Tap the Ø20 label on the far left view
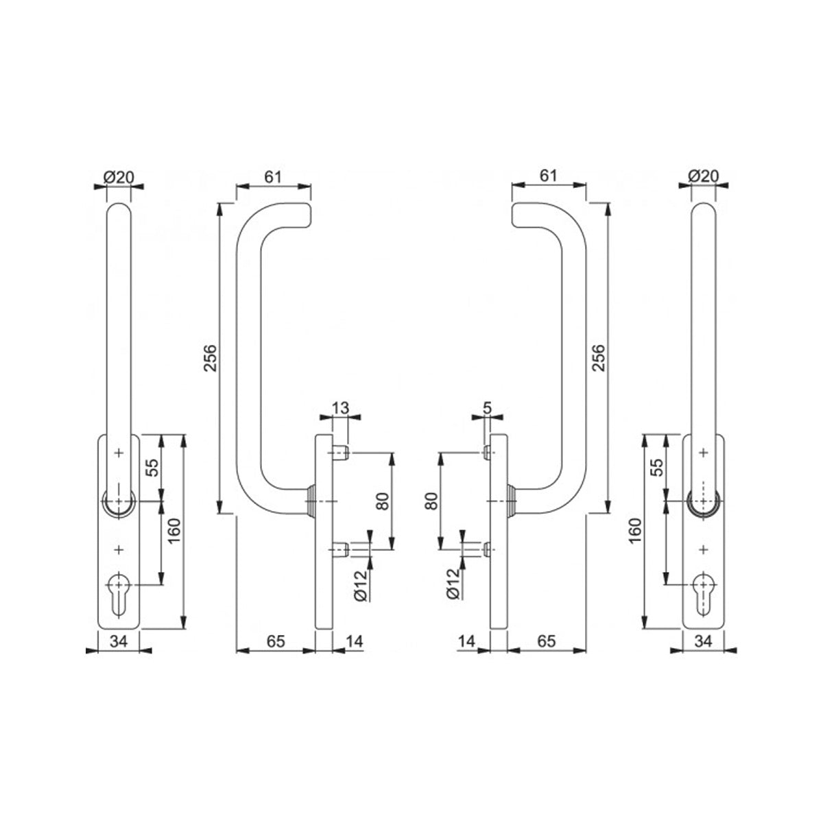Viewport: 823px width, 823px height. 119,176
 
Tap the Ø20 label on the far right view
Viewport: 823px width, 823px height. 704,176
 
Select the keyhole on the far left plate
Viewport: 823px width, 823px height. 118,594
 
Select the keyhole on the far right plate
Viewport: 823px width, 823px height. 702,594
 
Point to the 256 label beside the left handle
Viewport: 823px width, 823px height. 211,358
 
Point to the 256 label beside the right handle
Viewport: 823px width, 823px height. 599,358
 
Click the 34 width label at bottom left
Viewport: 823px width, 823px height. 118,641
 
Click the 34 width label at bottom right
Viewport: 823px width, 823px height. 703,641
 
